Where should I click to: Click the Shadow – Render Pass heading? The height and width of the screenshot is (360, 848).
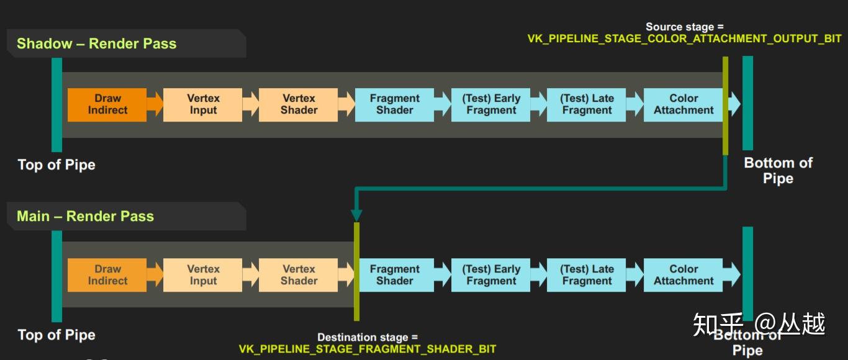(x=96, y=43)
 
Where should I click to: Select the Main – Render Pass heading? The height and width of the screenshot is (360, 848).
(x=85, y=216)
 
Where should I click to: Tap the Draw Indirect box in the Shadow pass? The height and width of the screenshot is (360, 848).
(x=107, y=104)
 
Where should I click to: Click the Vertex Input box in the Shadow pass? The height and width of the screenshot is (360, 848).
(x=203, y=104)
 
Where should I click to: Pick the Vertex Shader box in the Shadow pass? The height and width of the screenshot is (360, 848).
(x=299, y=104)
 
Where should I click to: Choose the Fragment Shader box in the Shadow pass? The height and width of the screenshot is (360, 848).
(x=394, y=104)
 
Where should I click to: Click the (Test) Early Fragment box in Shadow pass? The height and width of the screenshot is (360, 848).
(x=491, y=104)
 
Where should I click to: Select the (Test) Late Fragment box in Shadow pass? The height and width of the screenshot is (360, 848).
(x=587, y=104)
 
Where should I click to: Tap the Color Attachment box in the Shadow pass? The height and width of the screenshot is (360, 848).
(x=683, y=104)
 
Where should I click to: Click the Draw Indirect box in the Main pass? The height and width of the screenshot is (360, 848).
(x=107, y=275)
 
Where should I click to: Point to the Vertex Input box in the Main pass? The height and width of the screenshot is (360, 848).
(x=203, y=275)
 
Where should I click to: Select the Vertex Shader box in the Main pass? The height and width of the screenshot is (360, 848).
(x=299, y=275)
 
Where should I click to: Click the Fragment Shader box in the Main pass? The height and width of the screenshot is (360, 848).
(x=394, y=275)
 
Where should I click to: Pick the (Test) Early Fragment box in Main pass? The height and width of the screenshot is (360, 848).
(x=491, y=275)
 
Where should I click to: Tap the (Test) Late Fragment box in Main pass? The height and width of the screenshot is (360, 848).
(x=587, y=275)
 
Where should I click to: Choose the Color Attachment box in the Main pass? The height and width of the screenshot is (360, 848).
(x=683, y=275)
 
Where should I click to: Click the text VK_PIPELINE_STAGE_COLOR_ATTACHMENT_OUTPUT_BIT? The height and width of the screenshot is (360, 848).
(x=684, y=38)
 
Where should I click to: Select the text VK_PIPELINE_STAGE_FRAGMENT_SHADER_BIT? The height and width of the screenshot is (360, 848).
(x=368, y=349)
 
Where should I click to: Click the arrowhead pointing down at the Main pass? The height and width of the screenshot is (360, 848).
(x=356, y=215)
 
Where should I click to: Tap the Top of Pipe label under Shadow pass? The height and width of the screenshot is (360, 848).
(x=56, y=164)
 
